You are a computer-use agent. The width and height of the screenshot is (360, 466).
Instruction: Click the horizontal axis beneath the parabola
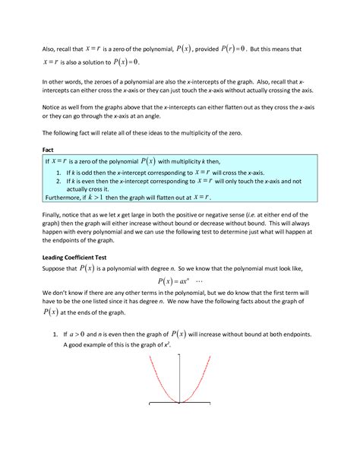[180, 403]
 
